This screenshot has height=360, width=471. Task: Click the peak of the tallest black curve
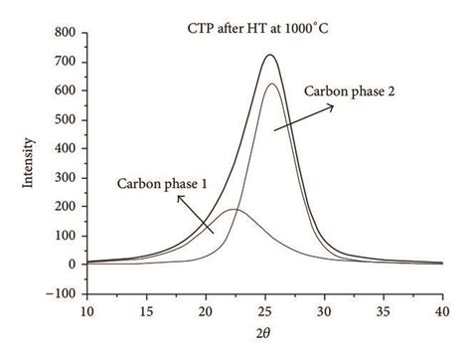click(269, 55)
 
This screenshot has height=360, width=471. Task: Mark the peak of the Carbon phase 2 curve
click(271, 84)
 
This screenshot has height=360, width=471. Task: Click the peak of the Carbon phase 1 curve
click(232, 209)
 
